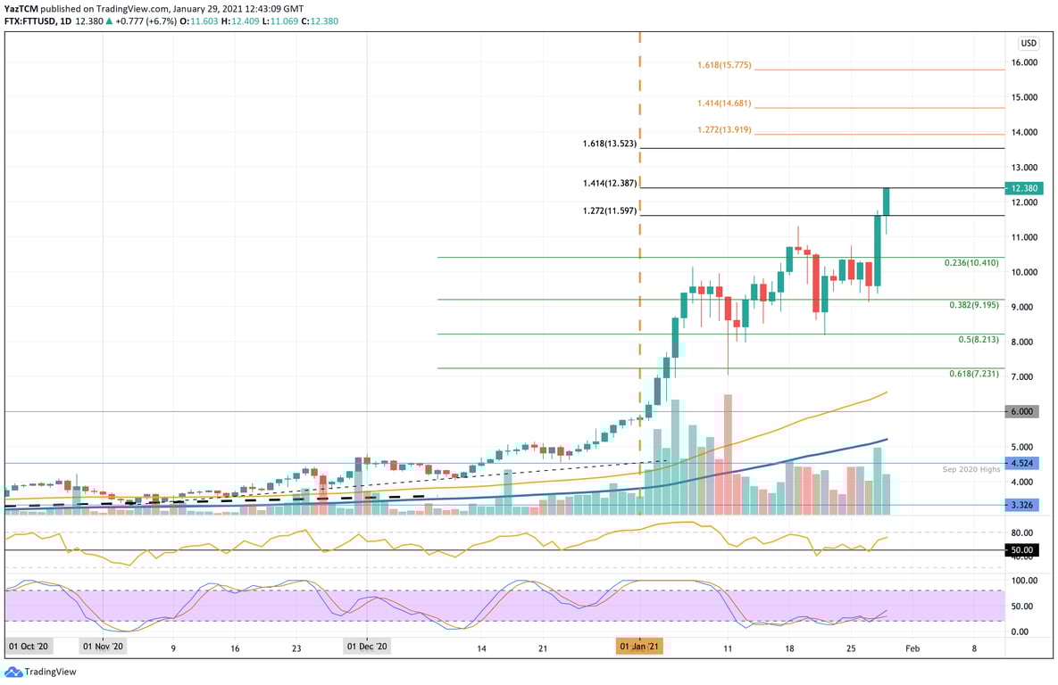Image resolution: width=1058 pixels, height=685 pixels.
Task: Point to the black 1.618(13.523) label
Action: [609, 143]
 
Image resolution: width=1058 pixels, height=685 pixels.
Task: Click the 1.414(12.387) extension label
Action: [609, 183]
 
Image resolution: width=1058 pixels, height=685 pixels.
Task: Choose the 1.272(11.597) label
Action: [609, 210]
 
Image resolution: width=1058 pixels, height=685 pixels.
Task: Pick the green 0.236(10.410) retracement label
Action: [971, 263]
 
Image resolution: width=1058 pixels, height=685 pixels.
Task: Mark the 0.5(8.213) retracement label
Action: [978, 340]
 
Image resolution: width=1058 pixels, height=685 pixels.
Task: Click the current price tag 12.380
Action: [1023, 188]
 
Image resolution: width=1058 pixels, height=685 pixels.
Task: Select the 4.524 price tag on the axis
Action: [1022, 464]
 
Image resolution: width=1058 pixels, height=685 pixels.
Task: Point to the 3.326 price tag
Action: [1022, 505]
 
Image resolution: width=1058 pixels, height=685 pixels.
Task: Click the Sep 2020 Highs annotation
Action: [971, 469]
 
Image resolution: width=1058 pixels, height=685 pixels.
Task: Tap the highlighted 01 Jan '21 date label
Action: [639, 646]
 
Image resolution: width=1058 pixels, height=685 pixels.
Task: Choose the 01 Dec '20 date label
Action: [367, 646]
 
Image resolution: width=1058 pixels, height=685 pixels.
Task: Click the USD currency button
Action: [1029, 43]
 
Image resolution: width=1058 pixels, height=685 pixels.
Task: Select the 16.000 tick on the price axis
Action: [1023, 62]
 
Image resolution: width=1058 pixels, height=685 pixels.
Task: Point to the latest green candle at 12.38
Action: [887, 202]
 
